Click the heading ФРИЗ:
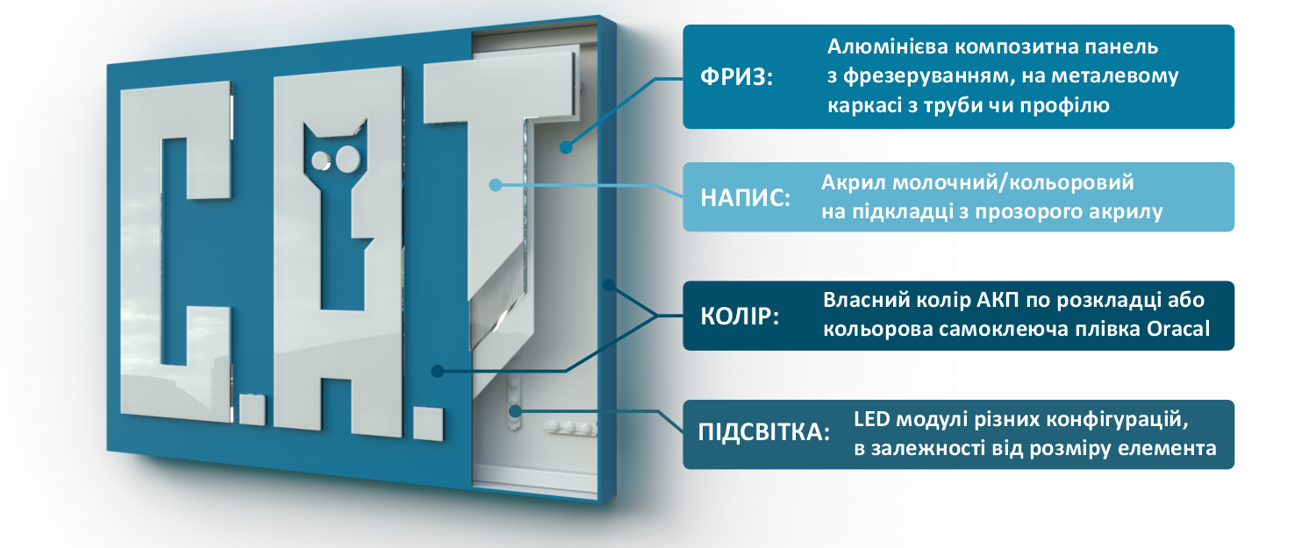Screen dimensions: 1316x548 pos(737,77)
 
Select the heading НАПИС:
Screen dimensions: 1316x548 pos(745,198)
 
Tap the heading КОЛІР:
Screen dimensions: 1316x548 pos(740,317)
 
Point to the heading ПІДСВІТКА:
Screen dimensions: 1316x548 pos(764,432)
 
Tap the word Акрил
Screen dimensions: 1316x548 pos(854,182)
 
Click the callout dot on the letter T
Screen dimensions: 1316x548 pos(496,185)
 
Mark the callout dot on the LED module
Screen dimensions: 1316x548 pos(515,411)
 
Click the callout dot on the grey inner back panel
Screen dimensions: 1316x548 pos(566,147)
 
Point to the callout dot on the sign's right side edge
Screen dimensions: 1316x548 pos(609,285)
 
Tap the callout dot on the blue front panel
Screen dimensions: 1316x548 pos(437,371)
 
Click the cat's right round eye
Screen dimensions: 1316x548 pos(347,160)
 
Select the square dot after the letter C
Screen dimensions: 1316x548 pos(252,409)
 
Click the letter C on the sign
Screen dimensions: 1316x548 pos(175,253)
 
